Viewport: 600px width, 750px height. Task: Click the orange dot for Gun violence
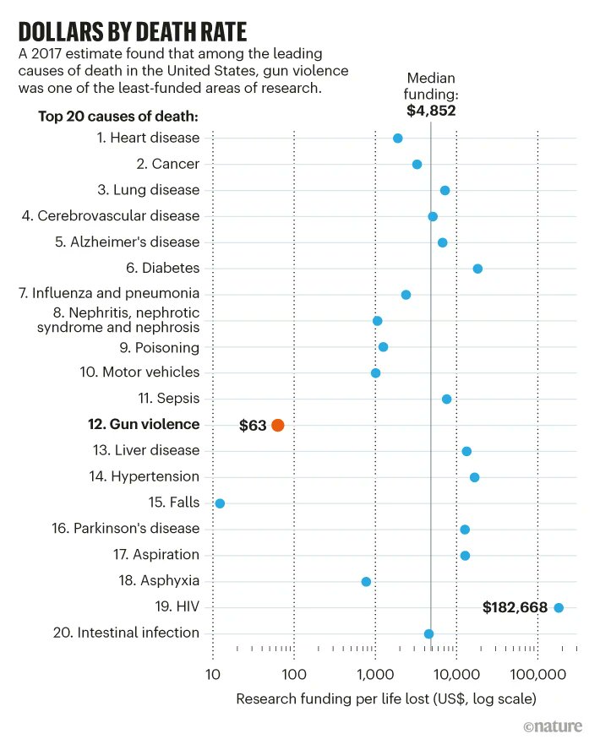278,425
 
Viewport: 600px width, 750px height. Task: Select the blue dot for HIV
558,607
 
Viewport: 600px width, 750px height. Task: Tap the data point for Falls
220,503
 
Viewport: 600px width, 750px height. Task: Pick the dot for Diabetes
477,269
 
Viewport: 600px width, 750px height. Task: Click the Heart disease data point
398,139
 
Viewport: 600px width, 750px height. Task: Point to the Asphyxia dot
366,581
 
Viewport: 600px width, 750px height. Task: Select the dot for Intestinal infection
428,633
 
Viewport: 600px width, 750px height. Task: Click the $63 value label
253,425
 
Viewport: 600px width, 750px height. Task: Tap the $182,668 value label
515,607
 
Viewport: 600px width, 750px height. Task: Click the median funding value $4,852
430,109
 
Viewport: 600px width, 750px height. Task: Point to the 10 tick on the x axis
212,674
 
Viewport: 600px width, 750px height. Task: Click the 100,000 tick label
537,674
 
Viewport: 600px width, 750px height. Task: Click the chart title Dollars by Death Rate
133,32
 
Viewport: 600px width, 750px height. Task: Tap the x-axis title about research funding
385,698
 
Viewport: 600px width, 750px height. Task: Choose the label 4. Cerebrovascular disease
111,216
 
